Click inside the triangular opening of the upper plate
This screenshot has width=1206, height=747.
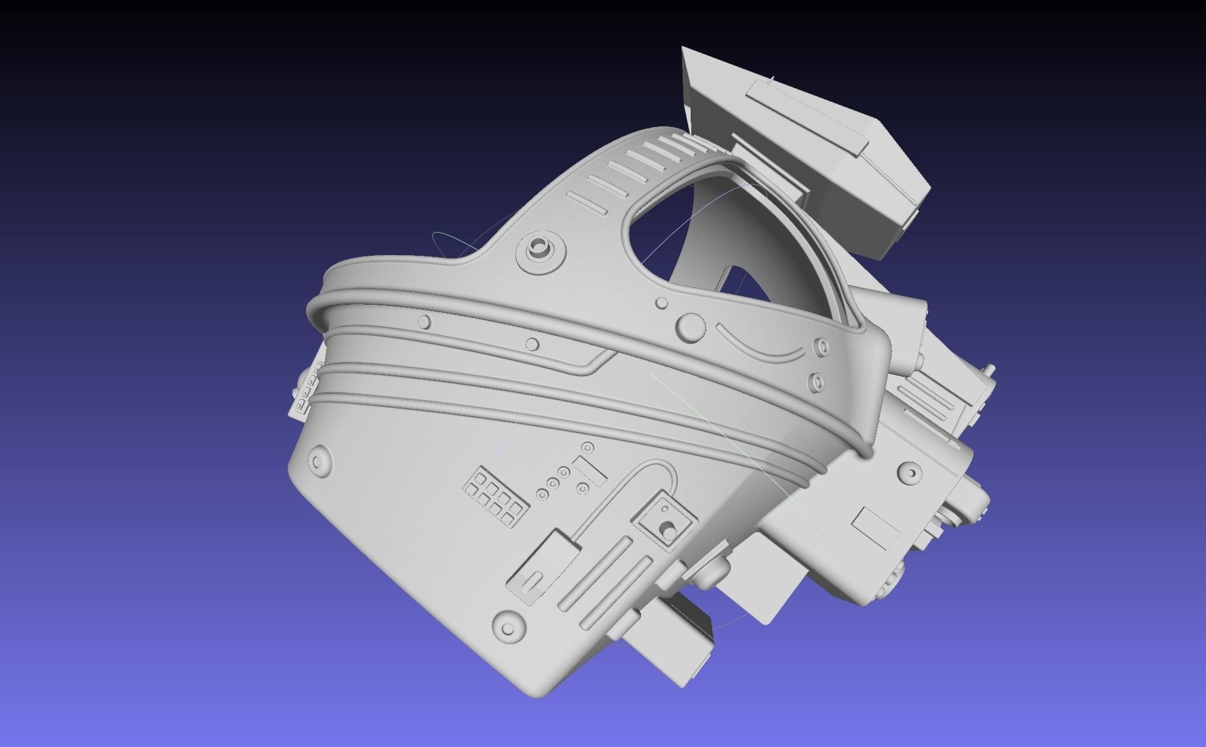point(660,232)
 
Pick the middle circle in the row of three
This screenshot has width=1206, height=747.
point(553,483)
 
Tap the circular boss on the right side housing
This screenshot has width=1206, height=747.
point(910,472)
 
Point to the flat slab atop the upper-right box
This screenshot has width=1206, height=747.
point(807,116)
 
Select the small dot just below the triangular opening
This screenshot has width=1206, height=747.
point(661,303)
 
